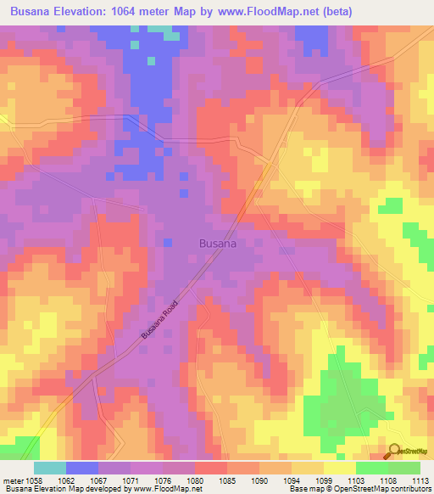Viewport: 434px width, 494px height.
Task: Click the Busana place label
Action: (217, 243)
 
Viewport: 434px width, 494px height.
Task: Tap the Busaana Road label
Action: (161, 317)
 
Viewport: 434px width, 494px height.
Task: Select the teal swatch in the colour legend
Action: (50, 468)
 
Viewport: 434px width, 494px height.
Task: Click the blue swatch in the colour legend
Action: (82, 468)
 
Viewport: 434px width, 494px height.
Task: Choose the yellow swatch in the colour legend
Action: (340, 468)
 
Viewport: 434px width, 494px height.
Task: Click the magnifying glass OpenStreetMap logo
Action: (393, 450)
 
